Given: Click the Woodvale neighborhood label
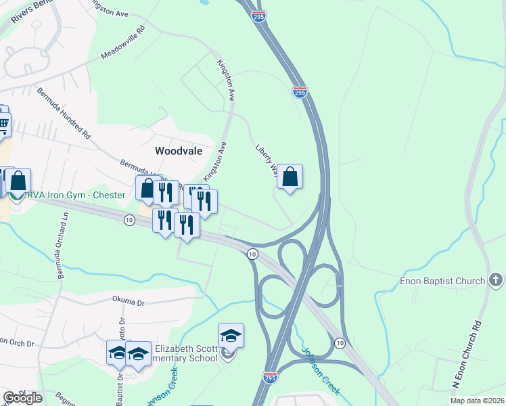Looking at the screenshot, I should [179, 151].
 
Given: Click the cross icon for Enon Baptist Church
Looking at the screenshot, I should [496, 280].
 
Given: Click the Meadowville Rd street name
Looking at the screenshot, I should [124, 43].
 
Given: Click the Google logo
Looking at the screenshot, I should [22, 397].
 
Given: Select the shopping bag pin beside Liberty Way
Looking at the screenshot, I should [290, 177].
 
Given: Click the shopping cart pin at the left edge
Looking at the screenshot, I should [3, 122].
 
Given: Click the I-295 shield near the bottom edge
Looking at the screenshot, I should [269, 378].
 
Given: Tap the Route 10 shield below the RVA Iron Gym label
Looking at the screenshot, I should [129, 219].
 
